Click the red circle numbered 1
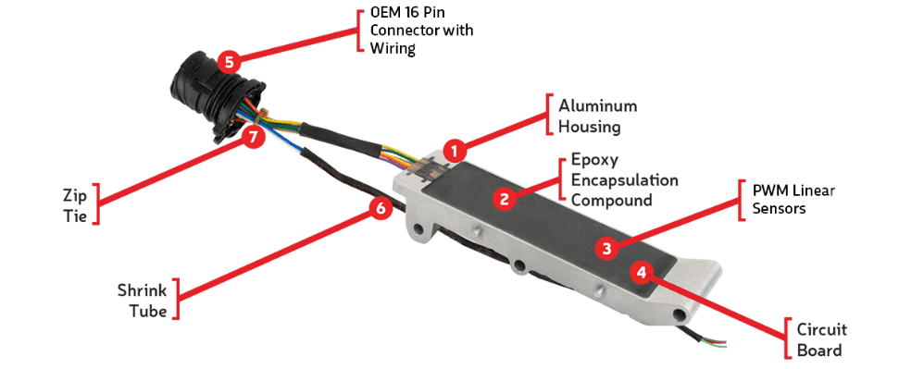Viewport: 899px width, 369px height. click(x=456, y=152)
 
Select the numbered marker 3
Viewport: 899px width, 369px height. click(x=607, y=248)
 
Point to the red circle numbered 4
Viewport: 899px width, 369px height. click(x=642, y=273)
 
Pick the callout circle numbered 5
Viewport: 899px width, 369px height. click(x=229, y=61)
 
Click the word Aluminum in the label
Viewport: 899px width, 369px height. click(x=598, y=106)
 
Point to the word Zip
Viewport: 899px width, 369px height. click(x=75, y=196)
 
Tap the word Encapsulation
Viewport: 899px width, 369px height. click(x=624, y=180)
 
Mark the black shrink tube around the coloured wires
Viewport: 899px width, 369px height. click(x=340, y=140)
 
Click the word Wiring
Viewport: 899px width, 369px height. click(x=393, y=48)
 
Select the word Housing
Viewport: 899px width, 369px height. click(x=590, y=126)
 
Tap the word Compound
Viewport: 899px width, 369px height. click(x=612, y=200)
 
